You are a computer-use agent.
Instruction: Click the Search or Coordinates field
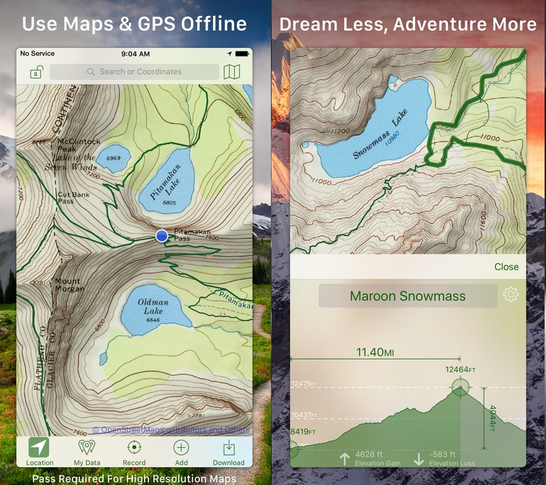click(x=134, y=72)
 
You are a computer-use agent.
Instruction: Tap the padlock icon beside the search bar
click(x=36, y=72)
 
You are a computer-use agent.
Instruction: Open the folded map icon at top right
click(x=231, y=72)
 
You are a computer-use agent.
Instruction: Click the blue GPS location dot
click(x=162, y=236)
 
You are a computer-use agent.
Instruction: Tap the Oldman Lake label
click(x=153, y=306)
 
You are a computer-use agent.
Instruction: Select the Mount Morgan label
click(x=68, y=285)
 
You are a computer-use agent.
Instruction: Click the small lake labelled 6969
click(x=113, y=159)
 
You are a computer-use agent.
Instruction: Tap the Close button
click(x=506, y=267)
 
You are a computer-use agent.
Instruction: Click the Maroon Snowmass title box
click(x=407, y=296)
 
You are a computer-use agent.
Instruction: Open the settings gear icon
click(x=510, y=295)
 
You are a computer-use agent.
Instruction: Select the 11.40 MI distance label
click(x=375, y=353)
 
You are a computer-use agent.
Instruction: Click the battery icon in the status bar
click(x=242, y=54)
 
